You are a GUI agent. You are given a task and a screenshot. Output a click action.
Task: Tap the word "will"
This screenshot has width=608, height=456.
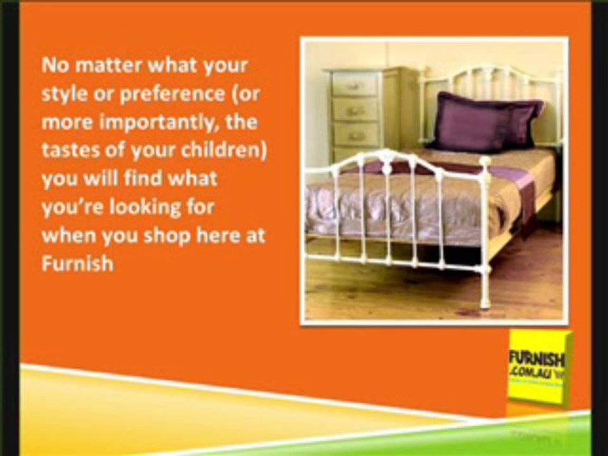pyautogui.click(x=97, y=178)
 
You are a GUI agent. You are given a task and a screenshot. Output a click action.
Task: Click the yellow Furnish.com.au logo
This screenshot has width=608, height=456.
pyautogui.click(x=537, y=367)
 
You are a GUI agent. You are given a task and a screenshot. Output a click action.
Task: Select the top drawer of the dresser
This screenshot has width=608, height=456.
pyautogui.click(x=355, y=84)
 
